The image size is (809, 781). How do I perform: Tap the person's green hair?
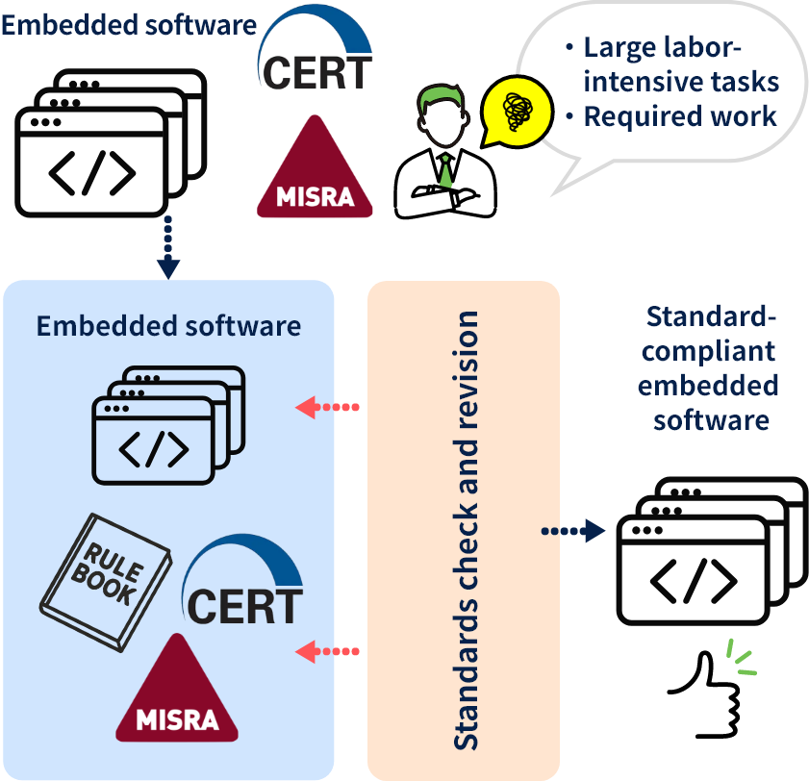(x=442, y=96)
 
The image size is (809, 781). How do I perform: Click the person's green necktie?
(x=446, y=172)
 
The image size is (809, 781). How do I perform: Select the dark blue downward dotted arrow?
(x=168, y=248)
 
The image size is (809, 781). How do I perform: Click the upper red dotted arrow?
(x=328, y=407)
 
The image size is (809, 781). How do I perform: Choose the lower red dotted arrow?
(x=328, y=651)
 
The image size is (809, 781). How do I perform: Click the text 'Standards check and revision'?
(x=466, y=530)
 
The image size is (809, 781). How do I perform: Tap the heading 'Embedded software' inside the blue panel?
(x=168, y=325)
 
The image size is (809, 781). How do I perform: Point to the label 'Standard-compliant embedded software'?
(x=710, y=368)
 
